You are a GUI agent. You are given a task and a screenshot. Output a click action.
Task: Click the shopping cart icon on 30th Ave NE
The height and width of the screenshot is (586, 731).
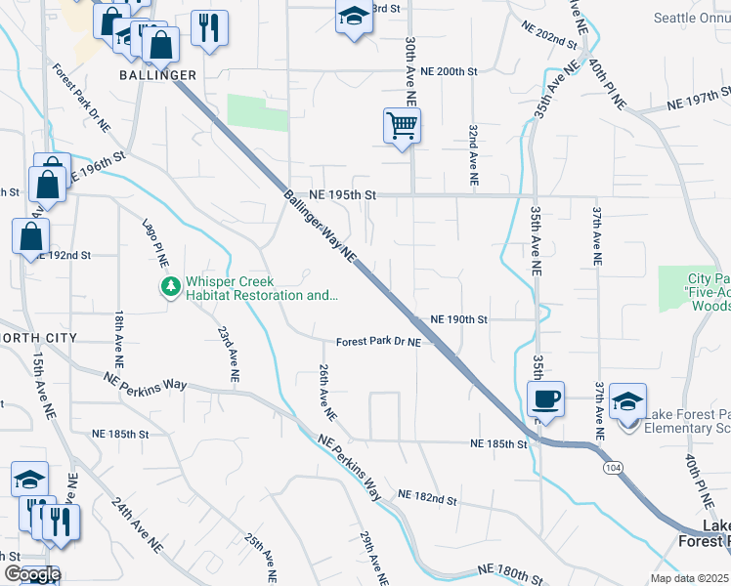click(402, 126)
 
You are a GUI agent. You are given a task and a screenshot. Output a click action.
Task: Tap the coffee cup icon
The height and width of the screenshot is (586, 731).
click(545, 399)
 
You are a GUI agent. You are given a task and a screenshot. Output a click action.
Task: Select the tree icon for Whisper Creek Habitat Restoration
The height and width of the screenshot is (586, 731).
click(171, 286)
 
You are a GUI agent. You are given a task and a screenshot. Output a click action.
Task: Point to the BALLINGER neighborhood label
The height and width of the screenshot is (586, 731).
click(158, 75)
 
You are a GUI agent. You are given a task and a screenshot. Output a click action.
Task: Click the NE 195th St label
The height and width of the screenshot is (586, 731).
click(343, 194)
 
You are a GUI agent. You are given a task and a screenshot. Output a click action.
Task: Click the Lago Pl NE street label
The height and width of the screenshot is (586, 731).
click(156, 242)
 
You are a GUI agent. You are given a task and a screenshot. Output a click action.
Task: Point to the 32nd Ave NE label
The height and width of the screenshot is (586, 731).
click(472, 155)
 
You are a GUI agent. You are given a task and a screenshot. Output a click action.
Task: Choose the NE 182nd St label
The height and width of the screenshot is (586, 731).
click(428, 498)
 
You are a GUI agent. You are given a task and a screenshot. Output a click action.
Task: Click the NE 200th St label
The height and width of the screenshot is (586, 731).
click(449, 71)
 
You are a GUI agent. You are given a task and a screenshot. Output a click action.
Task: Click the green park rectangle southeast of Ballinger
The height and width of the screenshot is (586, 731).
click(257, 112)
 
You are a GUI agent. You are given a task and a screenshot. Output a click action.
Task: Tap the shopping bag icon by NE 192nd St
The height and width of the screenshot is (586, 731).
click(31, 235)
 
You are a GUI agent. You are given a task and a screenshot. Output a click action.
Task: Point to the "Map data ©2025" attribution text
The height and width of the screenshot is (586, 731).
click(690, 578)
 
